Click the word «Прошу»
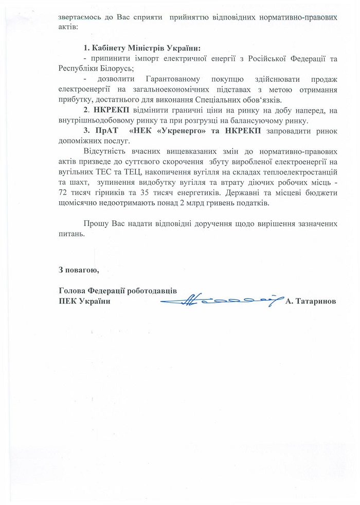click(x=94, y=224)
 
